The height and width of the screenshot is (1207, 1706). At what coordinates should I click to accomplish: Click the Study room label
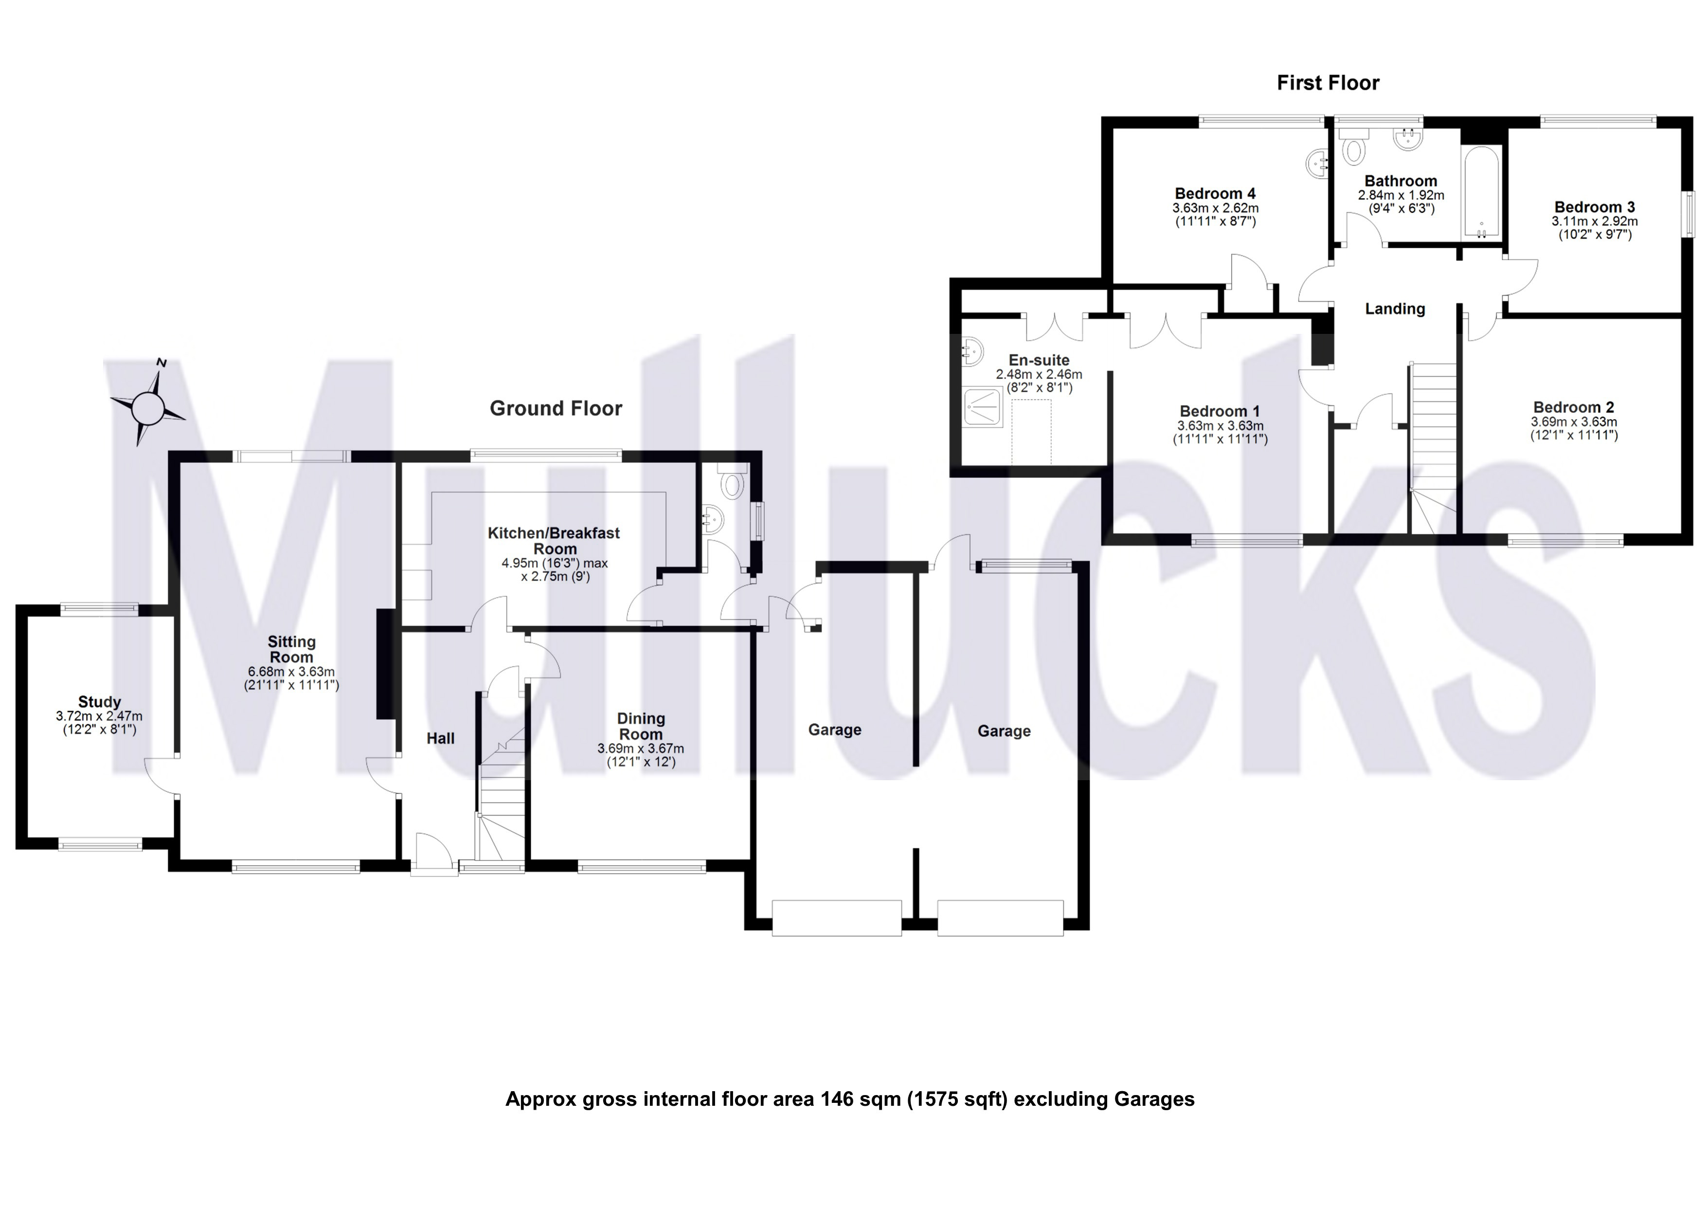pos(100,702)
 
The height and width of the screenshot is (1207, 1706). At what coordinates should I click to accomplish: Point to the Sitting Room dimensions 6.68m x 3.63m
pos(291,672)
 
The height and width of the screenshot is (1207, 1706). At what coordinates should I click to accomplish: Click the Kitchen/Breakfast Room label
pos(554,540)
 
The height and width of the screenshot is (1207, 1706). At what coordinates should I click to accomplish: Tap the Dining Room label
pos(641,726)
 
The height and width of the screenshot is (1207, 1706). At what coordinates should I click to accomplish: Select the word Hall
pos(441,738)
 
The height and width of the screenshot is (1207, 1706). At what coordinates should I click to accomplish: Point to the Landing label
pos(1395,309)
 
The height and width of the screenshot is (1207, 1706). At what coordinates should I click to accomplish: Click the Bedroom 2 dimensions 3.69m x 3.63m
pos(1574,422)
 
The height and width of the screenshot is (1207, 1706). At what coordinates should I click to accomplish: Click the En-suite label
pos(1039,361)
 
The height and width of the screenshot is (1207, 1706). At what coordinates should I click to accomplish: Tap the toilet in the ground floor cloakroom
pos(733,482)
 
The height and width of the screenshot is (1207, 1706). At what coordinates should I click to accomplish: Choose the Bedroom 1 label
pos(1220,411)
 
